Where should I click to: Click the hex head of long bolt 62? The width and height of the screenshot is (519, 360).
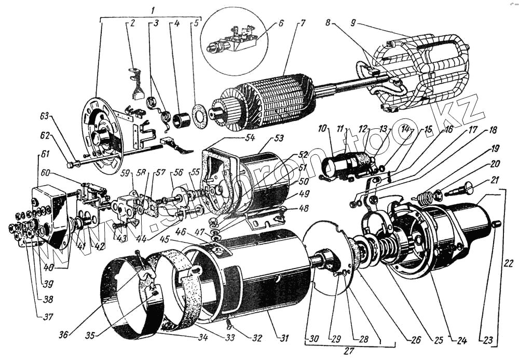click(x=70, y=165)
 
